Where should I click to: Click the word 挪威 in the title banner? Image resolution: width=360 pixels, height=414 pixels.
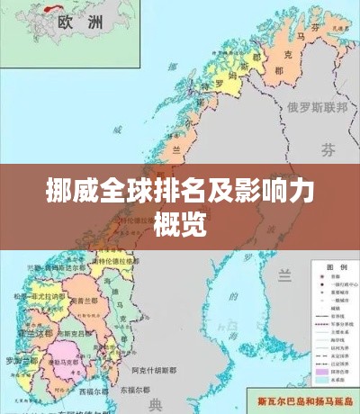(x=66, y=192)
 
